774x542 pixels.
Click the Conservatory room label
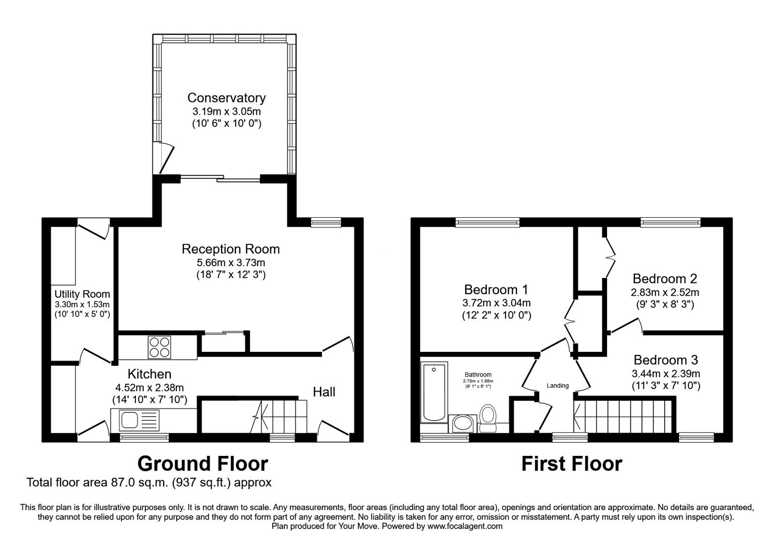(x=226, y=98)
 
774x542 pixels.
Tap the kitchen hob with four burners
(x=159, y=346)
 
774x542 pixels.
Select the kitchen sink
(x=130, y=420)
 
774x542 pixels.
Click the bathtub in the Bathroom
(x=434, y=392)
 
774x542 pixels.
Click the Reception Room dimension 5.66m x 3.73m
(x=230, y=263)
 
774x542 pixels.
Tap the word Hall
(x=324, y=392)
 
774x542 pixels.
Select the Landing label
(x=557, y=386)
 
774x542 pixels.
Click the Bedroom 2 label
(x=665, y=279)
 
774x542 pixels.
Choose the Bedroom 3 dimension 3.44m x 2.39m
(x=666, y=374)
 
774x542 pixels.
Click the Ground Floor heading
(x=203, y=464)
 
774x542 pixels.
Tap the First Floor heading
(x=571, y=464)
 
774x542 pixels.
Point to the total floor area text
(x=149, y=482)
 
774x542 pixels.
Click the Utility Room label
(x=82, y=294)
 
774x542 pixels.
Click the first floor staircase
(x=624, y=416)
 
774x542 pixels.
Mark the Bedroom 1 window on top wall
(x=487, y=223)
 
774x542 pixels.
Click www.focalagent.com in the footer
(x=465, y=526)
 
